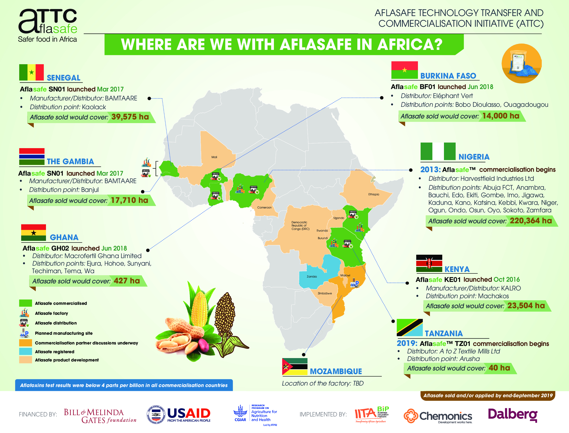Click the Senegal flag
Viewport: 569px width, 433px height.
tap(31, 72)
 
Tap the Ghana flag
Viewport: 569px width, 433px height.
tap(34, 233)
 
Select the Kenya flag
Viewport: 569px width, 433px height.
tap(429, 263)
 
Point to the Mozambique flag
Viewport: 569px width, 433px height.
tap(295, 367)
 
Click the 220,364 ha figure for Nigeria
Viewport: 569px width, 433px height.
tap(531, 221)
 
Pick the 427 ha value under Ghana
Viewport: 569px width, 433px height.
tap(127, 281)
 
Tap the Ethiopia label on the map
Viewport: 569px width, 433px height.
tap(374, 194)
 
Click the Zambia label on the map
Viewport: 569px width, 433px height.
tap(312, 277)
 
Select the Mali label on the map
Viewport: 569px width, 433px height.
tap(214, 157)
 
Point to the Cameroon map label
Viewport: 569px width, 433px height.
tap(264, 207)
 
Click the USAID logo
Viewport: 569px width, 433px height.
tap(179, 415)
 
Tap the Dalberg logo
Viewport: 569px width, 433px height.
tap(513, 415)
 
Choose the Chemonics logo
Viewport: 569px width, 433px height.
tap(438, 416)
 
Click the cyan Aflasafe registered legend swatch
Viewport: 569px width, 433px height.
tap(26, 351)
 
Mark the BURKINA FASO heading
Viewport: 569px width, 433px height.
tap(448, 76)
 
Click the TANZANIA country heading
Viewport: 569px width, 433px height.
tap(443, 333)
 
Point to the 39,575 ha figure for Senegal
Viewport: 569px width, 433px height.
tap(130, 117)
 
